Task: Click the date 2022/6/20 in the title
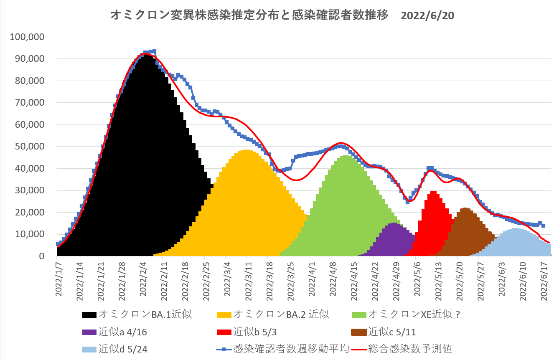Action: click(x=427, y=15)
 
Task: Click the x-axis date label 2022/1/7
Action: click(x=59, y=279)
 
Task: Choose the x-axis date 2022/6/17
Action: click(x=544, y=279)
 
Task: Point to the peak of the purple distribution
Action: click(x=395, y=223)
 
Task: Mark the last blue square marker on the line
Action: click(x=543, y=226)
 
